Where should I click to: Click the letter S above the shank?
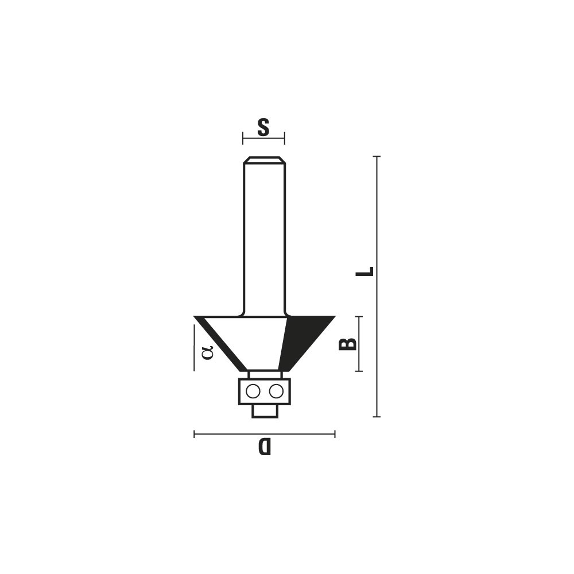(x=263, y=127)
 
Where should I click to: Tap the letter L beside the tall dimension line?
(x=364, y=272)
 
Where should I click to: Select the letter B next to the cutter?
(x=347, y=344)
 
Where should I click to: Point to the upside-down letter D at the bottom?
(x=264, y=446)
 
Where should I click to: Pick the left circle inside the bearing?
(x=253, y=391)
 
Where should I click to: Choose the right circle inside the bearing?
(x=276, y=391)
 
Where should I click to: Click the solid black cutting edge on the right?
(x=302, y=339)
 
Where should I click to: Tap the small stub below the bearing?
(x=265, y=411)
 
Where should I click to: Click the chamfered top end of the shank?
(x=264, y=160)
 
